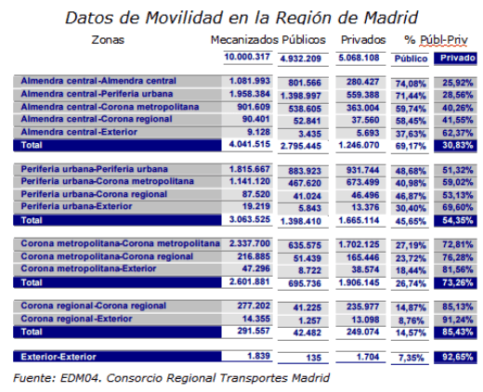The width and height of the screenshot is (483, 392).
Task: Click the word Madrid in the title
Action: [391, 18]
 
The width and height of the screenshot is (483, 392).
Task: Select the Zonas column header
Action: [108, 40]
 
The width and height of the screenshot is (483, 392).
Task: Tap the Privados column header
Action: [363, 40]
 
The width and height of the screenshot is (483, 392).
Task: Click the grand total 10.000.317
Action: [247, 57]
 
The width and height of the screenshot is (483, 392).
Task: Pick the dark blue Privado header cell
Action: [455, 59]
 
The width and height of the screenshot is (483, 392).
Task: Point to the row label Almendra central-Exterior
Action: [79, 132]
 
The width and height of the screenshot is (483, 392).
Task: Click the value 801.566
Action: [305, 83]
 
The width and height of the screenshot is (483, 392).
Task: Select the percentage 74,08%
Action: [411, 84]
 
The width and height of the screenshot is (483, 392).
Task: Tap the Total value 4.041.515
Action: [250, 144]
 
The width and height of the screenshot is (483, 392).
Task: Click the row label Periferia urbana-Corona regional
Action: [94, 194]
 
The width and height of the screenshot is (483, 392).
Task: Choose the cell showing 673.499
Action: [362, 182]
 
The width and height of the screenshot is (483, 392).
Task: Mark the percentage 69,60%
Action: [458, 207]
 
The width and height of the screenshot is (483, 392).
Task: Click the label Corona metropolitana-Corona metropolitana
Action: [120, 243]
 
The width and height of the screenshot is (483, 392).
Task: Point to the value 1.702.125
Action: [359, 244]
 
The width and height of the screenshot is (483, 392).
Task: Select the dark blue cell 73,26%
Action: [455, 282]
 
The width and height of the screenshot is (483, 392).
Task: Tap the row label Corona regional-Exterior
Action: [76, 319]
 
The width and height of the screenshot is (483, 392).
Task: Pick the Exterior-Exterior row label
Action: [59, 357]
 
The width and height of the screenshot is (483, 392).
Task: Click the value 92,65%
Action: [458, 357]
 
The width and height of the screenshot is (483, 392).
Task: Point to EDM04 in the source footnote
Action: [81, 378]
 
